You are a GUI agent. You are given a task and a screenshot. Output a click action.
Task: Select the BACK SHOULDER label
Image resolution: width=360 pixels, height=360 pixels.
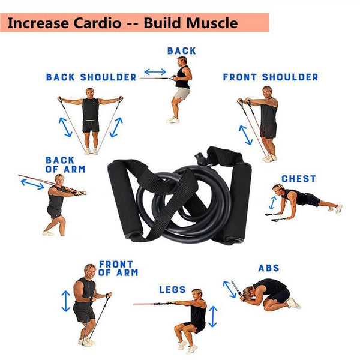point(91,77)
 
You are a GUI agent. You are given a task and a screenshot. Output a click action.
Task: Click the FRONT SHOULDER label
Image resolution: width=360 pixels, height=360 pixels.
point(271,77)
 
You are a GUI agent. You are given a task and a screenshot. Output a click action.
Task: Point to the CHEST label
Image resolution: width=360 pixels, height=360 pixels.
point(299,179)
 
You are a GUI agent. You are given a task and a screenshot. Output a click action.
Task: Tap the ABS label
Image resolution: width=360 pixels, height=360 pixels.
point(269,268)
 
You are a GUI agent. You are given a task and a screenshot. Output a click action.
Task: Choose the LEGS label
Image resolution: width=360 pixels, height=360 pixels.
point(172,290)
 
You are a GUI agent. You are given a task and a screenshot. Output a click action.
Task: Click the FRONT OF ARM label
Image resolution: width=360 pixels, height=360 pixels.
point(118,268)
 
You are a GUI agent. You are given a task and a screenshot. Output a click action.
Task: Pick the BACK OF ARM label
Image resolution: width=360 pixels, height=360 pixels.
point(65,164)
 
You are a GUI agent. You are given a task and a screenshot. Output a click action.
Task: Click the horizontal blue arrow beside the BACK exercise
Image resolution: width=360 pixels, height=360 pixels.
point(155,72)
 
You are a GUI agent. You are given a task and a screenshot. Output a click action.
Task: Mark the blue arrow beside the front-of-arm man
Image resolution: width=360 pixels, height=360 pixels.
point(65,301)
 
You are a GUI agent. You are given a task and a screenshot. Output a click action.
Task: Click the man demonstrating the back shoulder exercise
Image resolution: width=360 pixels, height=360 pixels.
point(91,117)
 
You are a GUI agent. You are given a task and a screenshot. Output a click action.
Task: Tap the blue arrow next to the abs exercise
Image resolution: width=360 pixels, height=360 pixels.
point(230,289)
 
